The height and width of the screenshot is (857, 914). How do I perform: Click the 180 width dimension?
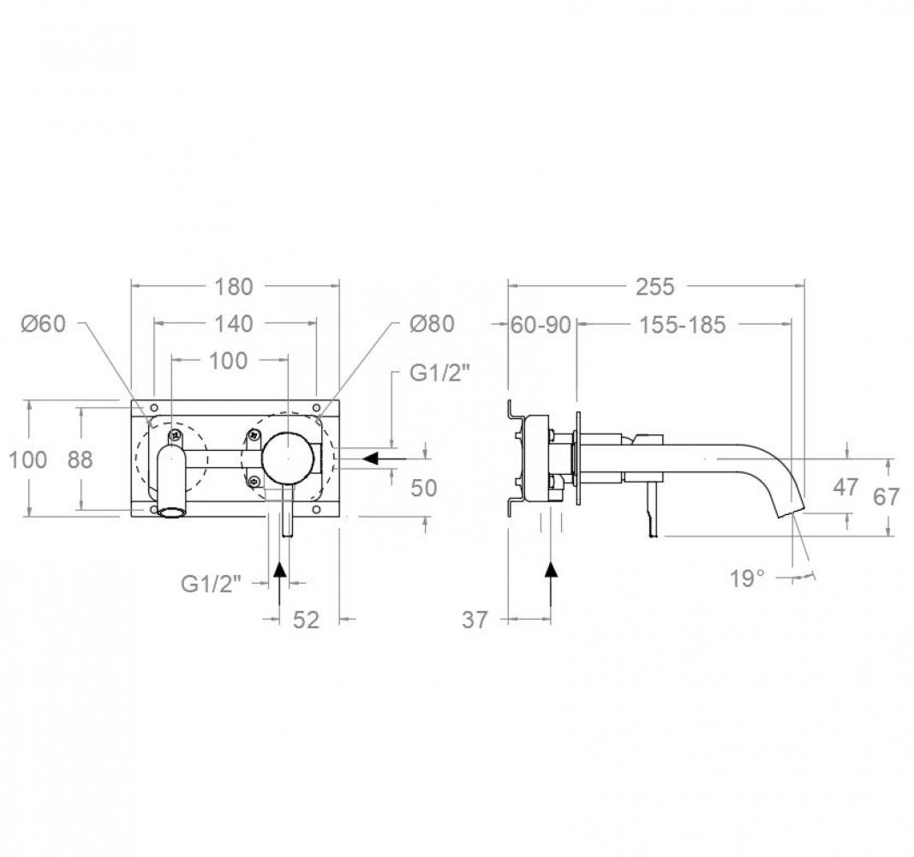pos(234,287)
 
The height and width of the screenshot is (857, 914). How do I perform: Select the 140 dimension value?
pos(234,324)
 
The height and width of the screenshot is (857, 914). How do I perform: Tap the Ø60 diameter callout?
pos(44,324)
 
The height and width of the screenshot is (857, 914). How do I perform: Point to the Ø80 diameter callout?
pos(432,324)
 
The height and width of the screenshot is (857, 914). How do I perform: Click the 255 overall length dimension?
pos(654,287)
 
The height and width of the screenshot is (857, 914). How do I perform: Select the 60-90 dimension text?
pos(541,325)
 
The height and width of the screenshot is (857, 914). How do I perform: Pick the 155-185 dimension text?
pos(683,325)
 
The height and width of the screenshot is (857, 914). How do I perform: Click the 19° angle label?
pos(747,579)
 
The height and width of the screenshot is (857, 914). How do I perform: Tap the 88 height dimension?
pos(80,460)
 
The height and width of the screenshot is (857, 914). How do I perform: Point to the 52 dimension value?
pos(306,620)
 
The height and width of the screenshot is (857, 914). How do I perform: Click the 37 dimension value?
pos(475,620)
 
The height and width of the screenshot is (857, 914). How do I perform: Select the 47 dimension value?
pos(845,487)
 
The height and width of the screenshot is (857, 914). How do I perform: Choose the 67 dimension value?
pos(886,497)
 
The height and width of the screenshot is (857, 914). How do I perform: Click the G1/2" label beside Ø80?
pos(439,373)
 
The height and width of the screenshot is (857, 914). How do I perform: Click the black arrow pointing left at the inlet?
pos(385,458)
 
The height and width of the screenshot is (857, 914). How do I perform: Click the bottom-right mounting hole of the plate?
pos(316,510)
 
